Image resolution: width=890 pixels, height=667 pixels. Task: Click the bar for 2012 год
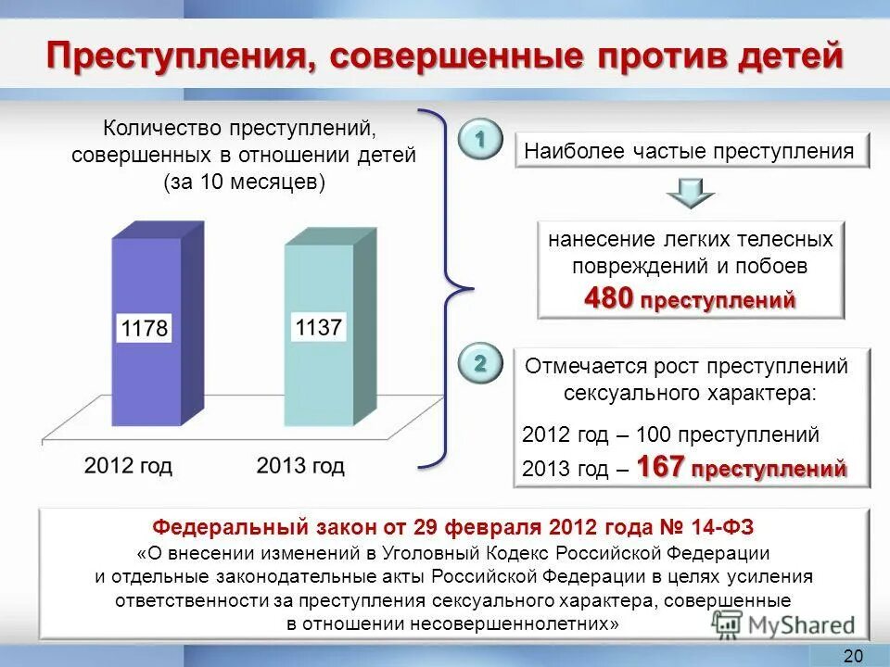pos(146,371)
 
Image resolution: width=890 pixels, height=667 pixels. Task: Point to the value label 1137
pos(319,327)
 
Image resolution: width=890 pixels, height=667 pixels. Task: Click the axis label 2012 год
pos(128,465)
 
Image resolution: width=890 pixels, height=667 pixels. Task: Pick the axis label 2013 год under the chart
pos(300,465)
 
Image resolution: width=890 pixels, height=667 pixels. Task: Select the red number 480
pos(608,298)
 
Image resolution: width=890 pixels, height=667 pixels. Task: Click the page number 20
pos(853,656)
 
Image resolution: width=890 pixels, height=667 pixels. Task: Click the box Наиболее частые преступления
pos(692,151)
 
